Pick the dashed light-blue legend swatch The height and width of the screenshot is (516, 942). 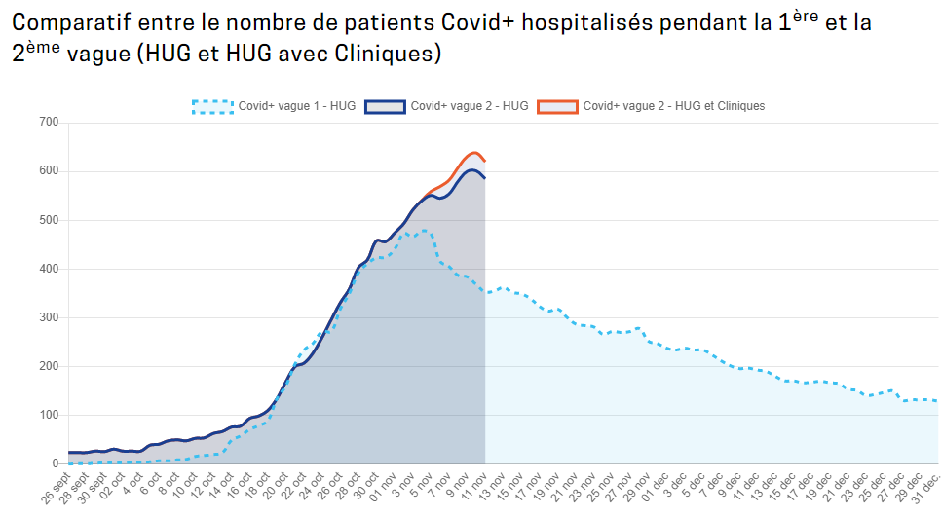[x=212, y=106]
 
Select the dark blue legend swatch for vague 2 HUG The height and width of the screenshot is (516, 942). [x=385, y=106]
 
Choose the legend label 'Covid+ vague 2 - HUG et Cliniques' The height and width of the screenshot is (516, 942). [x=674, y=106]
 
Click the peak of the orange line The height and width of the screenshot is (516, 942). [x=474, y=153]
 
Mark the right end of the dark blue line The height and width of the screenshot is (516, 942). [x=485, y=178]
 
